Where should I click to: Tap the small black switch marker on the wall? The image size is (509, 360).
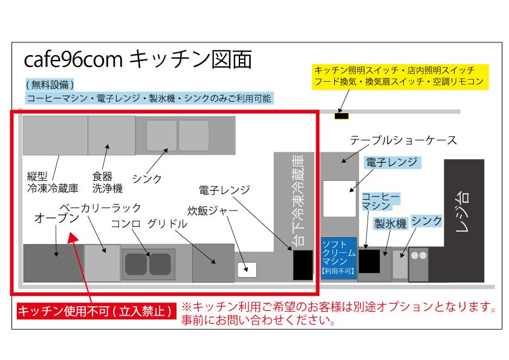point(342,114)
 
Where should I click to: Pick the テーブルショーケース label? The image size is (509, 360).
point(403,141)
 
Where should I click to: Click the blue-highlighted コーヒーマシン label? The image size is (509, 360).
point(380,202)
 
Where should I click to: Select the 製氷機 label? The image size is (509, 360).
point(389,223)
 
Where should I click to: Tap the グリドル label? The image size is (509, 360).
point(166,223)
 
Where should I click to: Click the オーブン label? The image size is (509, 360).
point(56,218)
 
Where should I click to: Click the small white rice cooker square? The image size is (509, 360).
point(247,269)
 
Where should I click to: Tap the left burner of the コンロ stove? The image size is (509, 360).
point(136,264)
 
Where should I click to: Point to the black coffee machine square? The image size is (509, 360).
point(369,261)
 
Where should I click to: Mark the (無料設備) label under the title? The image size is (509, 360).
point(50,84)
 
